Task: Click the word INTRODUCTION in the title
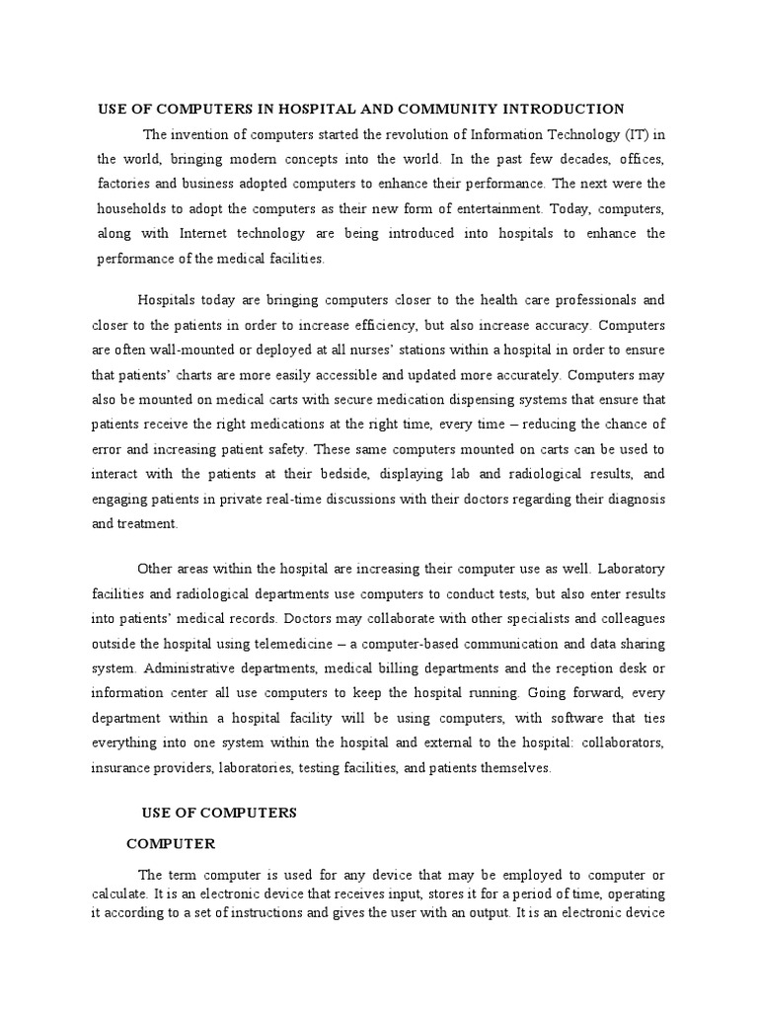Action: [x=563, y=109]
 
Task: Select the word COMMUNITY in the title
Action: [x=439, y=109]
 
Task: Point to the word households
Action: [x=134, y=209]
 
